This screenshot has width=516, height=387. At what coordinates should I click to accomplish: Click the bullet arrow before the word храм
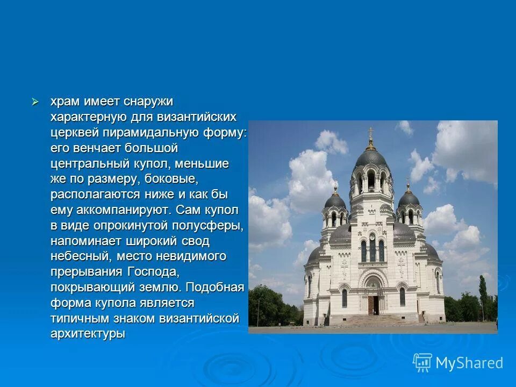pyautogui.click(x=35, y=101)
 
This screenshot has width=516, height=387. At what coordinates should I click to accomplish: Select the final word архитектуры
pyautogui.click(x=88, y=333)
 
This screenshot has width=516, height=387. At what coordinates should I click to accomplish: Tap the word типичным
pyautogui.click(x=81, y=318)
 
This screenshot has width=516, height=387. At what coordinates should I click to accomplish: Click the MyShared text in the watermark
pyautogui.click(x=469, y=363)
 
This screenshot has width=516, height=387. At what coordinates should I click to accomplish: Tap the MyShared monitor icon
pyautogui.click(x=422, y=363)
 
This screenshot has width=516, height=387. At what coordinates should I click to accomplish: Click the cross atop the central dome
pyautogui.click(x=370, y=132)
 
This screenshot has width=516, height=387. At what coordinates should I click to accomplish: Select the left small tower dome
pyautogui.click(x=335, y=202)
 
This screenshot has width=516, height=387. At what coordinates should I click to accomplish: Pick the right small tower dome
pyautogui.click(x=408, y=199)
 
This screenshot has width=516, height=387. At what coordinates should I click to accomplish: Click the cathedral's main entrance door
pyautogui.click(x=372, y=304)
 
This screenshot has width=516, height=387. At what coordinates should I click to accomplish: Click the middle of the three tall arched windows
pyautogui.click(x=372, y=249)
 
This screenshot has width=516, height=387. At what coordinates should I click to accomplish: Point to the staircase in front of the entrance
pyautogui.click(x=373, y=319)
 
